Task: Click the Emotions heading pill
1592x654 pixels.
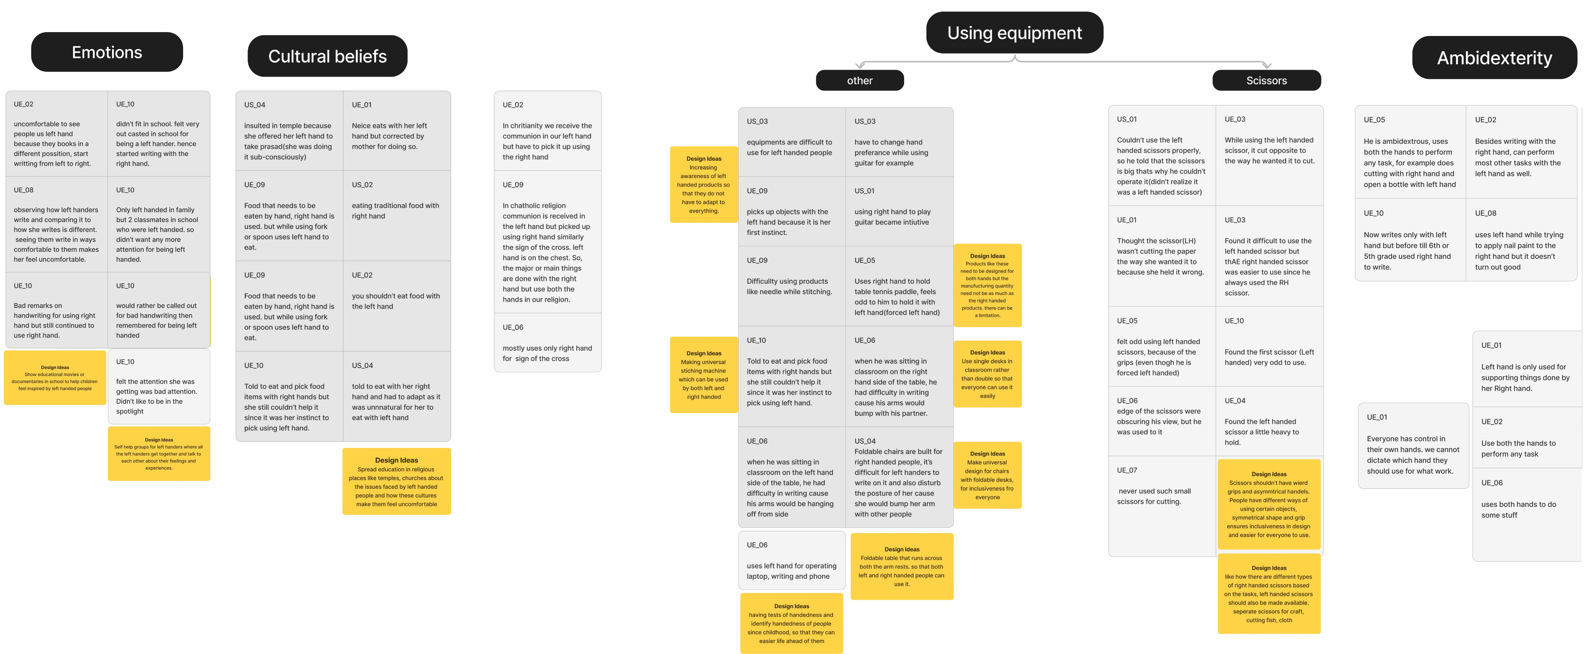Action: pos(107,52)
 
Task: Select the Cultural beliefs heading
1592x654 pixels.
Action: pos(327,56)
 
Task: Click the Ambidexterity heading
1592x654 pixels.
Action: pos(1494,58)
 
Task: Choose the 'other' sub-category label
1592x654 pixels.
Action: pos(860,80)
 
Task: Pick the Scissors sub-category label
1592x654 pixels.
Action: pos(1266,80)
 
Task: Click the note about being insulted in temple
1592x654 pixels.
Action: pos(289,131)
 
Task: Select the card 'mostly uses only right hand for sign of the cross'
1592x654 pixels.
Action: pos(548,343)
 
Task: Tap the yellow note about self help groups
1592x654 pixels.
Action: pos(159,454)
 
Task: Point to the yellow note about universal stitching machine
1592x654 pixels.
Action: pos(704,375)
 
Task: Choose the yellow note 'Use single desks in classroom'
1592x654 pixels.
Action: pos(988,374)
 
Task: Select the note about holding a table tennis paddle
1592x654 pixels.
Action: pos(899,286)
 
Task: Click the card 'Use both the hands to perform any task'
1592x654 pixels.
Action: pos(1526,437)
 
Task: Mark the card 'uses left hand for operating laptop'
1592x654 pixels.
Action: pos(792,560)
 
